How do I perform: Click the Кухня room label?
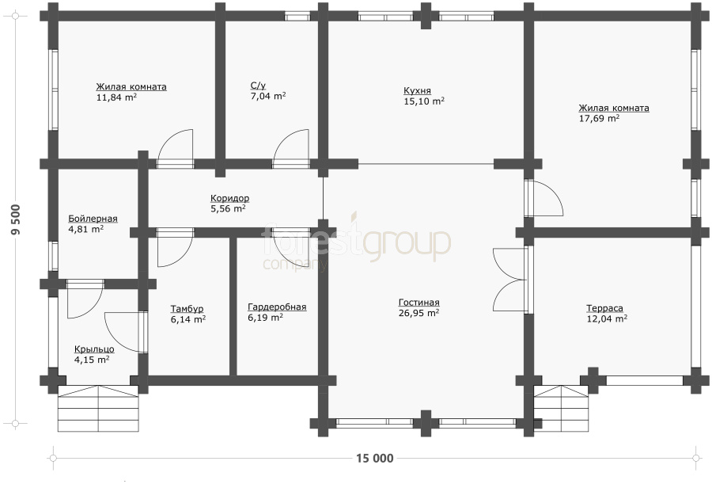click(417, 90)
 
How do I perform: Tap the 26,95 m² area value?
click(418, 313)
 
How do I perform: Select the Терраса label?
click(604, 308)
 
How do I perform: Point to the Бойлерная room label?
click(93, 219)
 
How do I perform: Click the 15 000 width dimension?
click(375, 458)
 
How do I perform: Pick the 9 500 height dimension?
click(16, 220)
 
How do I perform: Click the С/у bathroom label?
click(258, 86)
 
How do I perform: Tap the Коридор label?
click(229, 198)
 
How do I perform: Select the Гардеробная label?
click(277, 307)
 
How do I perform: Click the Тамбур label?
click(187, 309)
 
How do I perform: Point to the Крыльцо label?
click(94, 349)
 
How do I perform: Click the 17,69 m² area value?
click(599, 118)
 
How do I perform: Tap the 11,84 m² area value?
click(117, 97)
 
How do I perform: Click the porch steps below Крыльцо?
click(98, 409)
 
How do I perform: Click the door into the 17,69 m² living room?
click(544, 198)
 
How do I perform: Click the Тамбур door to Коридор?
click(175, 247)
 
